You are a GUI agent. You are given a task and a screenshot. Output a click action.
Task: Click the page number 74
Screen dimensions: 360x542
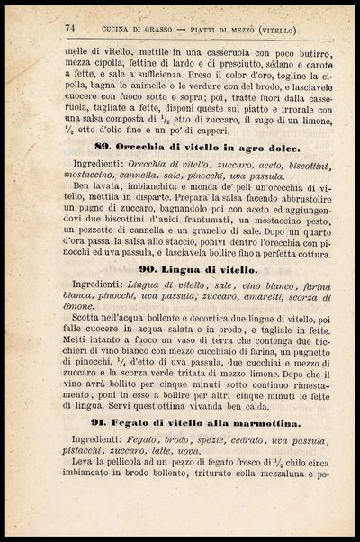pyautogui.click(x=68, y=28)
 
